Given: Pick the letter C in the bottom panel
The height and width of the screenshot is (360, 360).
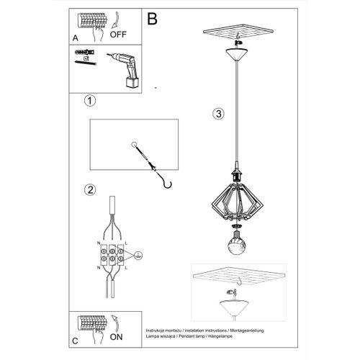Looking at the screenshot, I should pos(75,338).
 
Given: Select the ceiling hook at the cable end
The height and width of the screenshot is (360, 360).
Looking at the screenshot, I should pos(167,184).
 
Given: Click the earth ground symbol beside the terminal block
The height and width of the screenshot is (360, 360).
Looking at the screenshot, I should pos(138,253).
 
